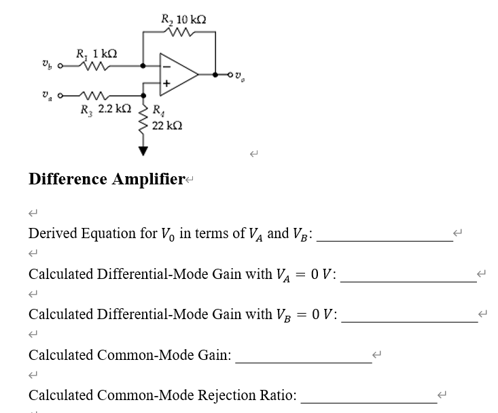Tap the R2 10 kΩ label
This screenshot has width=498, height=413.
(x=179, y=18)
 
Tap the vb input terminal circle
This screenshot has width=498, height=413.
(x=61, y=67)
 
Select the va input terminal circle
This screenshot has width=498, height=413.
(x=61, y=95)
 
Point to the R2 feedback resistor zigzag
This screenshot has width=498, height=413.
(x=179, y=31)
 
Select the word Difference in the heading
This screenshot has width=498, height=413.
(x=67, y=179)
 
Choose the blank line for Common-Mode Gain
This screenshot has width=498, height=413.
(x=303, y=362)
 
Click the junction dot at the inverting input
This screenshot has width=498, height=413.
(x=143, y=67)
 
